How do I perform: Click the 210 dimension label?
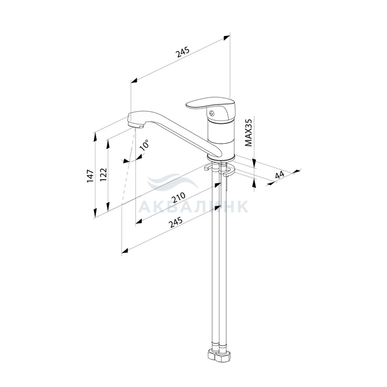[178, 197]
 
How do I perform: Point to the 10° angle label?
[145, 145]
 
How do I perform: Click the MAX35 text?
[249, 133]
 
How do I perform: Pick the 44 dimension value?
[280, 174]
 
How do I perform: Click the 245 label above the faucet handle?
[182, 51]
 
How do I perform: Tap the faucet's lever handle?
[208, 103]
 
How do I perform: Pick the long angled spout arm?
[177, 132]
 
